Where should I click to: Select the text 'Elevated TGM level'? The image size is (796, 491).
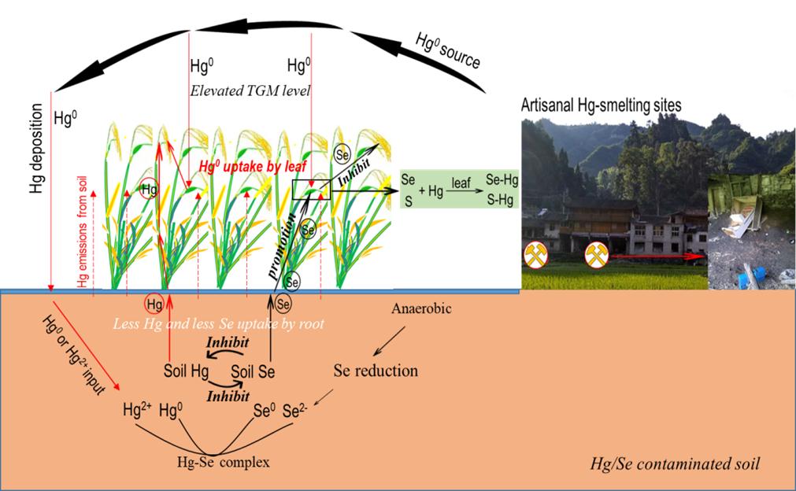(x=250, y=91)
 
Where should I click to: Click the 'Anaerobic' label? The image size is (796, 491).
(x=421, y=309)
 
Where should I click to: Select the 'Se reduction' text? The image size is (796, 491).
(x=376, y=370)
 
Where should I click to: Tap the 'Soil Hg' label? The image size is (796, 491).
(x=187, y=370)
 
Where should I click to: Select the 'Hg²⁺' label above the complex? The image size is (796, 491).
(x=137, y=410)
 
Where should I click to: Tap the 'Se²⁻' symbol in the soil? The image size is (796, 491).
(x=295, y=410)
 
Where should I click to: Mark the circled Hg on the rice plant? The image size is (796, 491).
(x=148, y=189)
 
